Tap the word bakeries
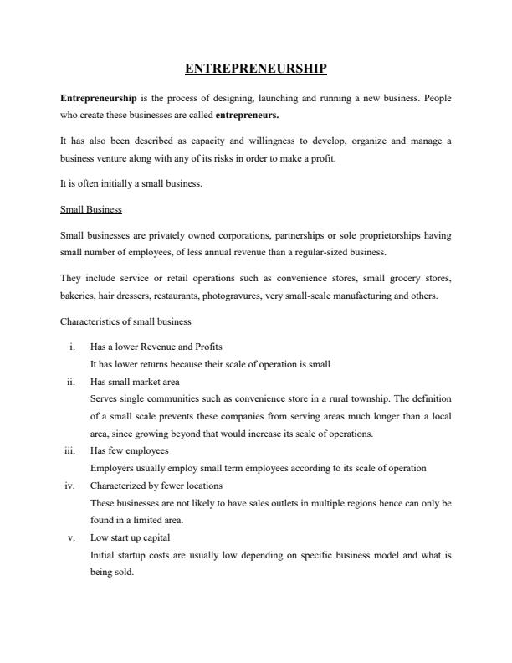coord(78,296)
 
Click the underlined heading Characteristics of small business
coord(125,321)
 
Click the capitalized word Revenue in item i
coord(158,347)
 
